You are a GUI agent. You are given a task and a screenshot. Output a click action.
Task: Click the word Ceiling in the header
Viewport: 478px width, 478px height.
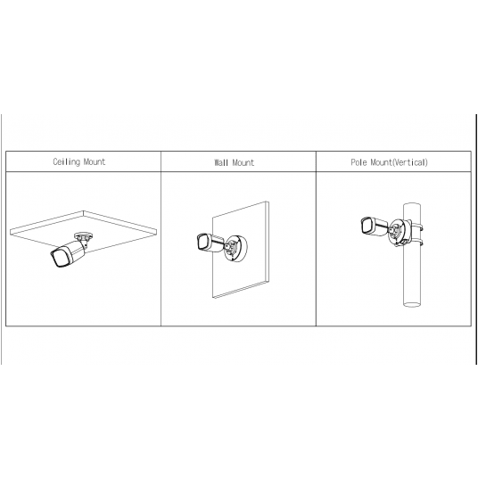[66, 161]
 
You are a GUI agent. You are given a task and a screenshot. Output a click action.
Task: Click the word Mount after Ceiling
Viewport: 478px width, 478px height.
[95, 161]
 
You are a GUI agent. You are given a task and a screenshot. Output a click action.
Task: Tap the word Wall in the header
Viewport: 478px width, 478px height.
[221, 162]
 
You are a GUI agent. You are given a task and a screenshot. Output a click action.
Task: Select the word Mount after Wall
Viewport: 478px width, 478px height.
[243, 162]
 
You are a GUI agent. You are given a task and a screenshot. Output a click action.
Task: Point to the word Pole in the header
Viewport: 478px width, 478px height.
[358, 162]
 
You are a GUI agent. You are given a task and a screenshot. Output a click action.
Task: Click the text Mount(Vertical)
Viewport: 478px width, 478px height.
[400, 162]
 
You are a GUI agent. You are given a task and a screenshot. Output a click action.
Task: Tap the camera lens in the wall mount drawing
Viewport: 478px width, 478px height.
[202, 243]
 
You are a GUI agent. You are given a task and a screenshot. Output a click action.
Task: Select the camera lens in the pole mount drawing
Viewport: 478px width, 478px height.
[367, 226]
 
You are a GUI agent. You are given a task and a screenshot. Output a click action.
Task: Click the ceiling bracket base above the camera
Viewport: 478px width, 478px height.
[83, 235]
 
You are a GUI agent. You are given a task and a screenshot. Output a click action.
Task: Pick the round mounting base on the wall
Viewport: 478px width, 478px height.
[235, 248]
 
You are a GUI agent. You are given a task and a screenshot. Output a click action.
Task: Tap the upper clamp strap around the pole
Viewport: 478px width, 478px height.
[416, 227]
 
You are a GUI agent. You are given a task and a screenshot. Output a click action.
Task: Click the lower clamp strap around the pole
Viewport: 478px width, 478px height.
[416, 243]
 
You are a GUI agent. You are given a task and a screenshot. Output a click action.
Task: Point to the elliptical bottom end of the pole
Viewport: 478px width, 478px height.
[412, 304]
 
